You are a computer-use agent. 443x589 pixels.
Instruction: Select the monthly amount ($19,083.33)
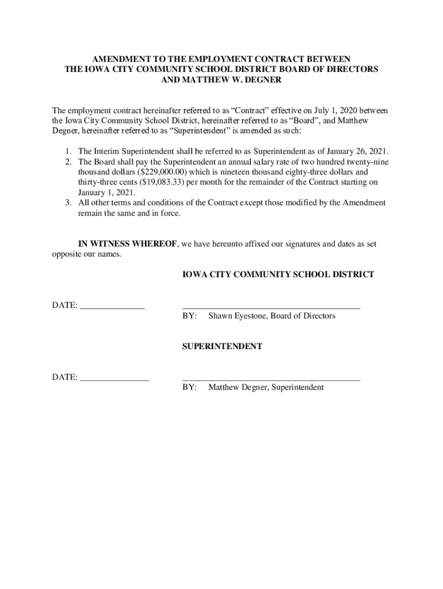point(163,183)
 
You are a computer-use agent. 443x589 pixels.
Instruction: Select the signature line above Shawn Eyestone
point(271,309)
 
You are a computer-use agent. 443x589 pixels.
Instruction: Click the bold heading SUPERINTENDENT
point(222,347)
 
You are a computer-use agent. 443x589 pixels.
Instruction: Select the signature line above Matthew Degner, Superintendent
point(271,380)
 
